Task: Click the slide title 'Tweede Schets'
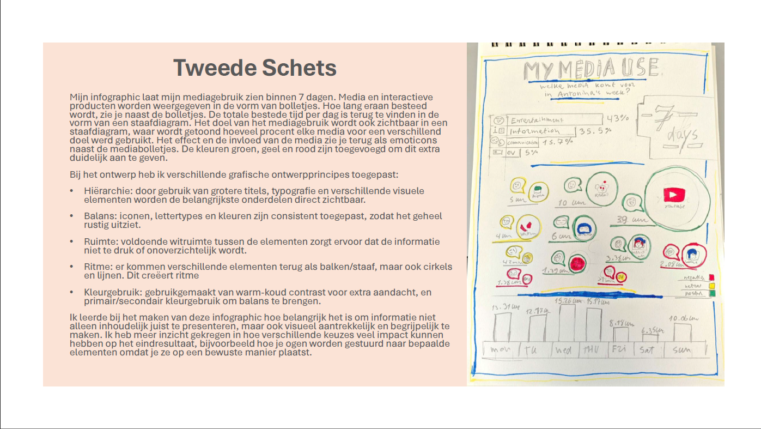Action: pos(254,68)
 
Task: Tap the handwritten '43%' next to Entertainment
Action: pos(618,118)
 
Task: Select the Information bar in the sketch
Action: pos(541,131)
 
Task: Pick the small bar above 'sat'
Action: pos(650,339)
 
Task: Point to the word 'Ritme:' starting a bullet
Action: pos(96,267)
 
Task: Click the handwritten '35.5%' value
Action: pos(595,131)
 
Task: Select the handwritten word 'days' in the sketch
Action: pos(681,135)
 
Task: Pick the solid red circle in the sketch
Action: pos(579,263)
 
